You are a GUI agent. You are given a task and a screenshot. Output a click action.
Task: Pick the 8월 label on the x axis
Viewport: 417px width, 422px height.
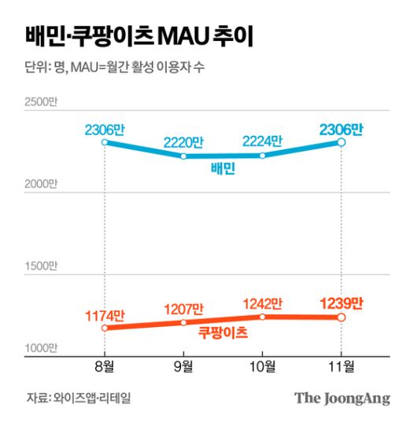point(105,367)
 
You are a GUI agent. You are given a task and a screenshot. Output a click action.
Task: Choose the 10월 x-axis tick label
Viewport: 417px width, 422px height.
point(262,367)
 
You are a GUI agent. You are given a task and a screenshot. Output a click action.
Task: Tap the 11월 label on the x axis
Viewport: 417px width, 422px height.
point(341,367)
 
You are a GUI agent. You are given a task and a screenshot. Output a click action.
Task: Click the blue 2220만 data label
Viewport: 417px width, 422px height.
point(183,142)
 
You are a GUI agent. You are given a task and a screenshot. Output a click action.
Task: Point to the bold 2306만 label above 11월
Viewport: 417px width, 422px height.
point(341,128)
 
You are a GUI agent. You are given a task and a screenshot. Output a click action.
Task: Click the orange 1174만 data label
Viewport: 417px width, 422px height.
point(105,315)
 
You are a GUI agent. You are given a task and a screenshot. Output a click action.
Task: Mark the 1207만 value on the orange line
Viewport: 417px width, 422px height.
point(183,309)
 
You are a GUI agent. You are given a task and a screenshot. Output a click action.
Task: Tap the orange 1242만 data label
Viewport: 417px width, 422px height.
point(262,303)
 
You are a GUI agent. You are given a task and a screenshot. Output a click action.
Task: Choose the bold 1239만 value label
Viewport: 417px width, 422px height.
point(341,303)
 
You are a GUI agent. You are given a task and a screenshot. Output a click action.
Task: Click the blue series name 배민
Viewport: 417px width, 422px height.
point(223,170)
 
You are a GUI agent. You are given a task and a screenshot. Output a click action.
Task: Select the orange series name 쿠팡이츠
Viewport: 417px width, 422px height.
point(223,333)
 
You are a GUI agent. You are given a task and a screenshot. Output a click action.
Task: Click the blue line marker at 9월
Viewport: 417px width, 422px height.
point(183,156)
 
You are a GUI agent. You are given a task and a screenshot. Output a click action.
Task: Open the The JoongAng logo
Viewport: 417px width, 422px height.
point(342,398)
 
